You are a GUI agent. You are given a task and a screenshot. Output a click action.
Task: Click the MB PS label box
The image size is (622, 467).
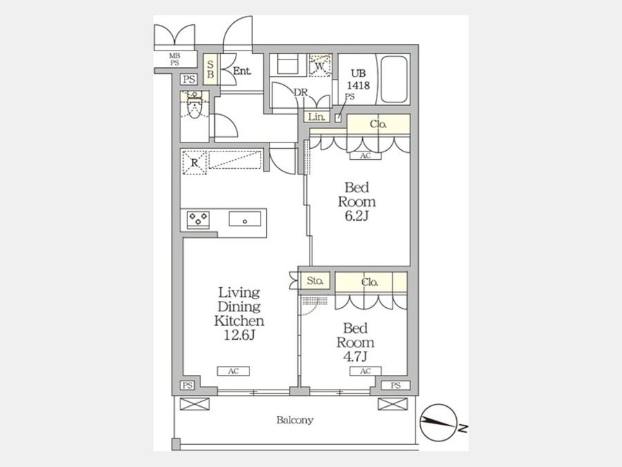coord(175,59)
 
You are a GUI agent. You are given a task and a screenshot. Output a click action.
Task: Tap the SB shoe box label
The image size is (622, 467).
coord(211,69)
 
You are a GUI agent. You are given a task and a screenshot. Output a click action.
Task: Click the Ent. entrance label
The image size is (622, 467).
coord(242,71)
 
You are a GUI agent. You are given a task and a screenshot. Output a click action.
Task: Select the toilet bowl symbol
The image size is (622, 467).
coord(194,106)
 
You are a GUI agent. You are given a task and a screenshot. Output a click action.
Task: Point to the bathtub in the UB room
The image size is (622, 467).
coord(394,80)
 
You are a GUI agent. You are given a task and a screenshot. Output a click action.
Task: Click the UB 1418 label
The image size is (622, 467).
coord(358,80)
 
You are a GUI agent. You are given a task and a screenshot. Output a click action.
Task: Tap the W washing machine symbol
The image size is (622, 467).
coord(320,65)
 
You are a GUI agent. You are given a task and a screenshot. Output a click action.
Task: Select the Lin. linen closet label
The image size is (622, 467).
coord(317,117)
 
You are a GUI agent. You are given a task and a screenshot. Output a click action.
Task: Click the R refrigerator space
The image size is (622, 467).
coord(194,163)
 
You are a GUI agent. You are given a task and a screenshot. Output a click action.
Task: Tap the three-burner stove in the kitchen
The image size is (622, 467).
coord(198,219)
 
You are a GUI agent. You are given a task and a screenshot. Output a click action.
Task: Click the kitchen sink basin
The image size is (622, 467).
coord(245,219)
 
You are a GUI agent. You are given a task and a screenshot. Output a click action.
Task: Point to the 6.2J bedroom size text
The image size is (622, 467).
coord(357,217)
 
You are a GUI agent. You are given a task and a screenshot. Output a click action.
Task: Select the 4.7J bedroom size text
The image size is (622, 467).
coord(356,356)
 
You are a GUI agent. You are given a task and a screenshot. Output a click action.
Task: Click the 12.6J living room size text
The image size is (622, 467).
coord(239,335)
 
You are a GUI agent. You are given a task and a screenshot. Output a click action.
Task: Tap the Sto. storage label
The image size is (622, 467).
coord(315,281)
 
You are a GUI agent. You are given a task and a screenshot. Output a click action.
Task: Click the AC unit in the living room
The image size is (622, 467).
coord(234,372)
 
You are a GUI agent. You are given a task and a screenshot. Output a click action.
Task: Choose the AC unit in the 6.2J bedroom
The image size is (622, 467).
coord(366,156)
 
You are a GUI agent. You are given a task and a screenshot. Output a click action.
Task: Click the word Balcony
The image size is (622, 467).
coord(294,420)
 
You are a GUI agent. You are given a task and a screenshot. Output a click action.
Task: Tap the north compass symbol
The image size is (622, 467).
coord(438,423)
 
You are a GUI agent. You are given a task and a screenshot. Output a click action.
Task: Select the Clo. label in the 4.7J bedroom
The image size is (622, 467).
coord(370,282)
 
